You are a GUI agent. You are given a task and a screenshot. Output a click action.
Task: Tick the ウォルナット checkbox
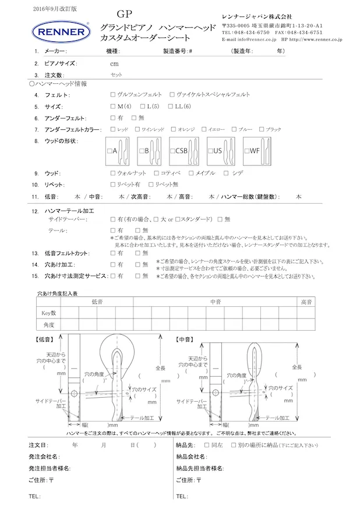[x=112, y=173]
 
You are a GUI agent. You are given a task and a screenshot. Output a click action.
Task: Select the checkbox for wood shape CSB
[x=172, y=151]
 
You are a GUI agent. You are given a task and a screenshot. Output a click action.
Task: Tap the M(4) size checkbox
[x=112, y=107]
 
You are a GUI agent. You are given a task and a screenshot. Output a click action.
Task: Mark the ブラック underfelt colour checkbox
[x=262, y=129]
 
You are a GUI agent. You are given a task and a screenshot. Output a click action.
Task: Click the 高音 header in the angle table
[x=306, y=302]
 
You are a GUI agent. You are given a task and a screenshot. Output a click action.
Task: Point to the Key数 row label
[x=48, y=313]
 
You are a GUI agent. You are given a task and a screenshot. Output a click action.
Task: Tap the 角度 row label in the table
[x=48, y=324]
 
